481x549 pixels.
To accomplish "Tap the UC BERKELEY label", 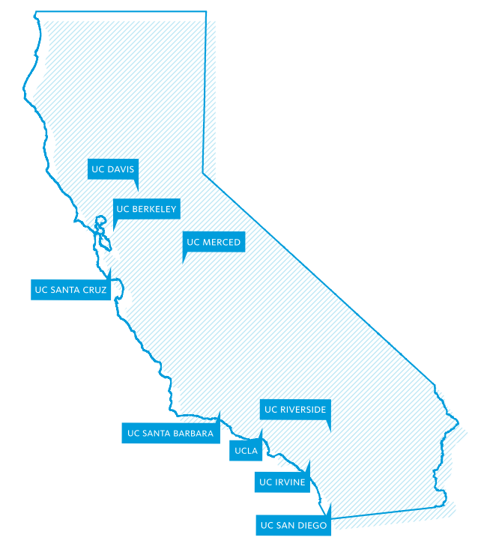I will [146, 209].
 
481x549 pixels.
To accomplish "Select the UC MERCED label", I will [214, 242].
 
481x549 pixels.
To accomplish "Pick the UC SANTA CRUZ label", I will [70, 289].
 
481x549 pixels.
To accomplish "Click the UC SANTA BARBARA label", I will [170, 433].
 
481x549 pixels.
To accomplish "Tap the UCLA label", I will [246, 451].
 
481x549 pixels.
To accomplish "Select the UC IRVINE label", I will [282, 482].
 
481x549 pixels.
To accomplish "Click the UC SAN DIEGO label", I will [293, 526].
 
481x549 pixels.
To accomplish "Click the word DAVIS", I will [121, 169].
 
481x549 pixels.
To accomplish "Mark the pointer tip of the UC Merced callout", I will [184, 263].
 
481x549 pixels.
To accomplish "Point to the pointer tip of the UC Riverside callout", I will [330, 431].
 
